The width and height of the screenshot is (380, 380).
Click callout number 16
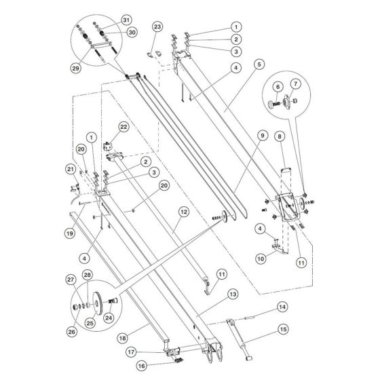(142, 364)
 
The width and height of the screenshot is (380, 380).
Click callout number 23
(157, 26)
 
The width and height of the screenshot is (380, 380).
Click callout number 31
(126, 18)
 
